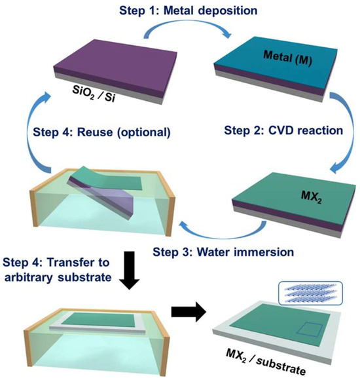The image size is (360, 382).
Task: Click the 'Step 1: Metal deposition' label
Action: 188,11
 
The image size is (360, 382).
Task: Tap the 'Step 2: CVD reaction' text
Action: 283,130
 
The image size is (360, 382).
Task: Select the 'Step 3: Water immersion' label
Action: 223,252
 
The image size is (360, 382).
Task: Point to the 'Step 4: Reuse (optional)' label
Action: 101,133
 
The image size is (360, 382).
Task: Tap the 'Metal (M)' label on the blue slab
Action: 287,58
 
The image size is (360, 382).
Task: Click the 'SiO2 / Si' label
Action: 94,94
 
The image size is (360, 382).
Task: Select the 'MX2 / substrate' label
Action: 266,362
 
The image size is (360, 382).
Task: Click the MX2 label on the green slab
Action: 312,197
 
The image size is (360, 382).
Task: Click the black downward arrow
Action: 129,271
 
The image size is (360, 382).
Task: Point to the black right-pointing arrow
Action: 189,313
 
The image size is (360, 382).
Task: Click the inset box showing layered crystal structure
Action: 310,293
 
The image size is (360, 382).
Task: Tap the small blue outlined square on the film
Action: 309,330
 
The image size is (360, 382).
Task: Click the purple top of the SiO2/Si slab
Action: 115,64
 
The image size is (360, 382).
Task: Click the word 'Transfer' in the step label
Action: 78,262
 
